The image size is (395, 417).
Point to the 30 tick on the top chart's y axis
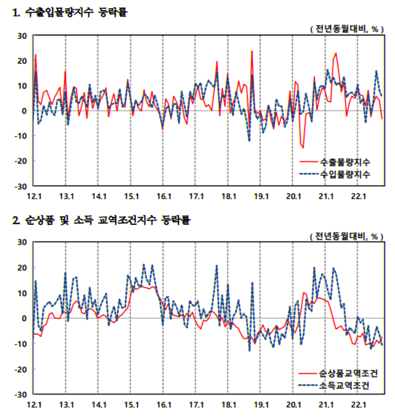point(22,36)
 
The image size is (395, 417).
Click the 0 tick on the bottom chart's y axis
point(24,318)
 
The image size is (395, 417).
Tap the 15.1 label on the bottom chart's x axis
point(131,404)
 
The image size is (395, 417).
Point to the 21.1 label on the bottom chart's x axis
point(326,404)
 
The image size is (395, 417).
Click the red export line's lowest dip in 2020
point(303,147)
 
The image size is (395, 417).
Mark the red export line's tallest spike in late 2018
point(252,51)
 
